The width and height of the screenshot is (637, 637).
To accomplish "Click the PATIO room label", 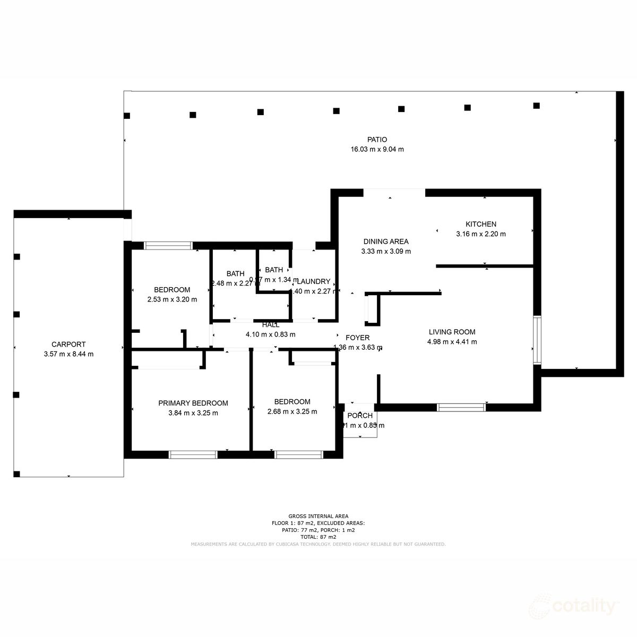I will click(x=377, y=140).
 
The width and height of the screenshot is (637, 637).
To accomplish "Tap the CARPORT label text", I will click(x=68, y=345).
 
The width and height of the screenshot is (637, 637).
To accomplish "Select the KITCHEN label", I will click(x=481, y=224).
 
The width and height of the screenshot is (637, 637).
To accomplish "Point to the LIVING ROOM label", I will click(x=452, y=332).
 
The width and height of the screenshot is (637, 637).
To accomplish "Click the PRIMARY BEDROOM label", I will click(x=193, y=403).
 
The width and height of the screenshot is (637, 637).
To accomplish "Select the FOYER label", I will click(x=357, y=338).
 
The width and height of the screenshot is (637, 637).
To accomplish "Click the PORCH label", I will click(x=360, y=416).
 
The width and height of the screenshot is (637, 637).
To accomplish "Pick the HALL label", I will click(x=270, y=325).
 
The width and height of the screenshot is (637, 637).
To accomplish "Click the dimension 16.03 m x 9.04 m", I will click(x=377, y=149).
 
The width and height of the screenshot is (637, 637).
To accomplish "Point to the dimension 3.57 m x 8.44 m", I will click(x=68, y=354).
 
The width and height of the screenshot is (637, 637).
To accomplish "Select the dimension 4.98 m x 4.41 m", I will click(x=452, y=342).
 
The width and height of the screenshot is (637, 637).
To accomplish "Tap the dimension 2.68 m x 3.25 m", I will click(x=292, y=411).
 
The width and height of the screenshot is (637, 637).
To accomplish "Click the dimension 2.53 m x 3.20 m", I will click(x=172, y=299).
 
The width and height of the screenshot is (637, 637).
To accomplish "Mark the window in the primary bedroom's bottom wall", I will click(x=193, y=454).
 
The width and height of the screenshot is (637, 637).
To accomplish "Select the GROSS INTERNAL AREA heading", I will click(x=318, y=516).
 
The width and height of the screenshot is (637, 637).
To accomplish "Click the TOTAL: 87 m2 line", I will click(x=318, y=537).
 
